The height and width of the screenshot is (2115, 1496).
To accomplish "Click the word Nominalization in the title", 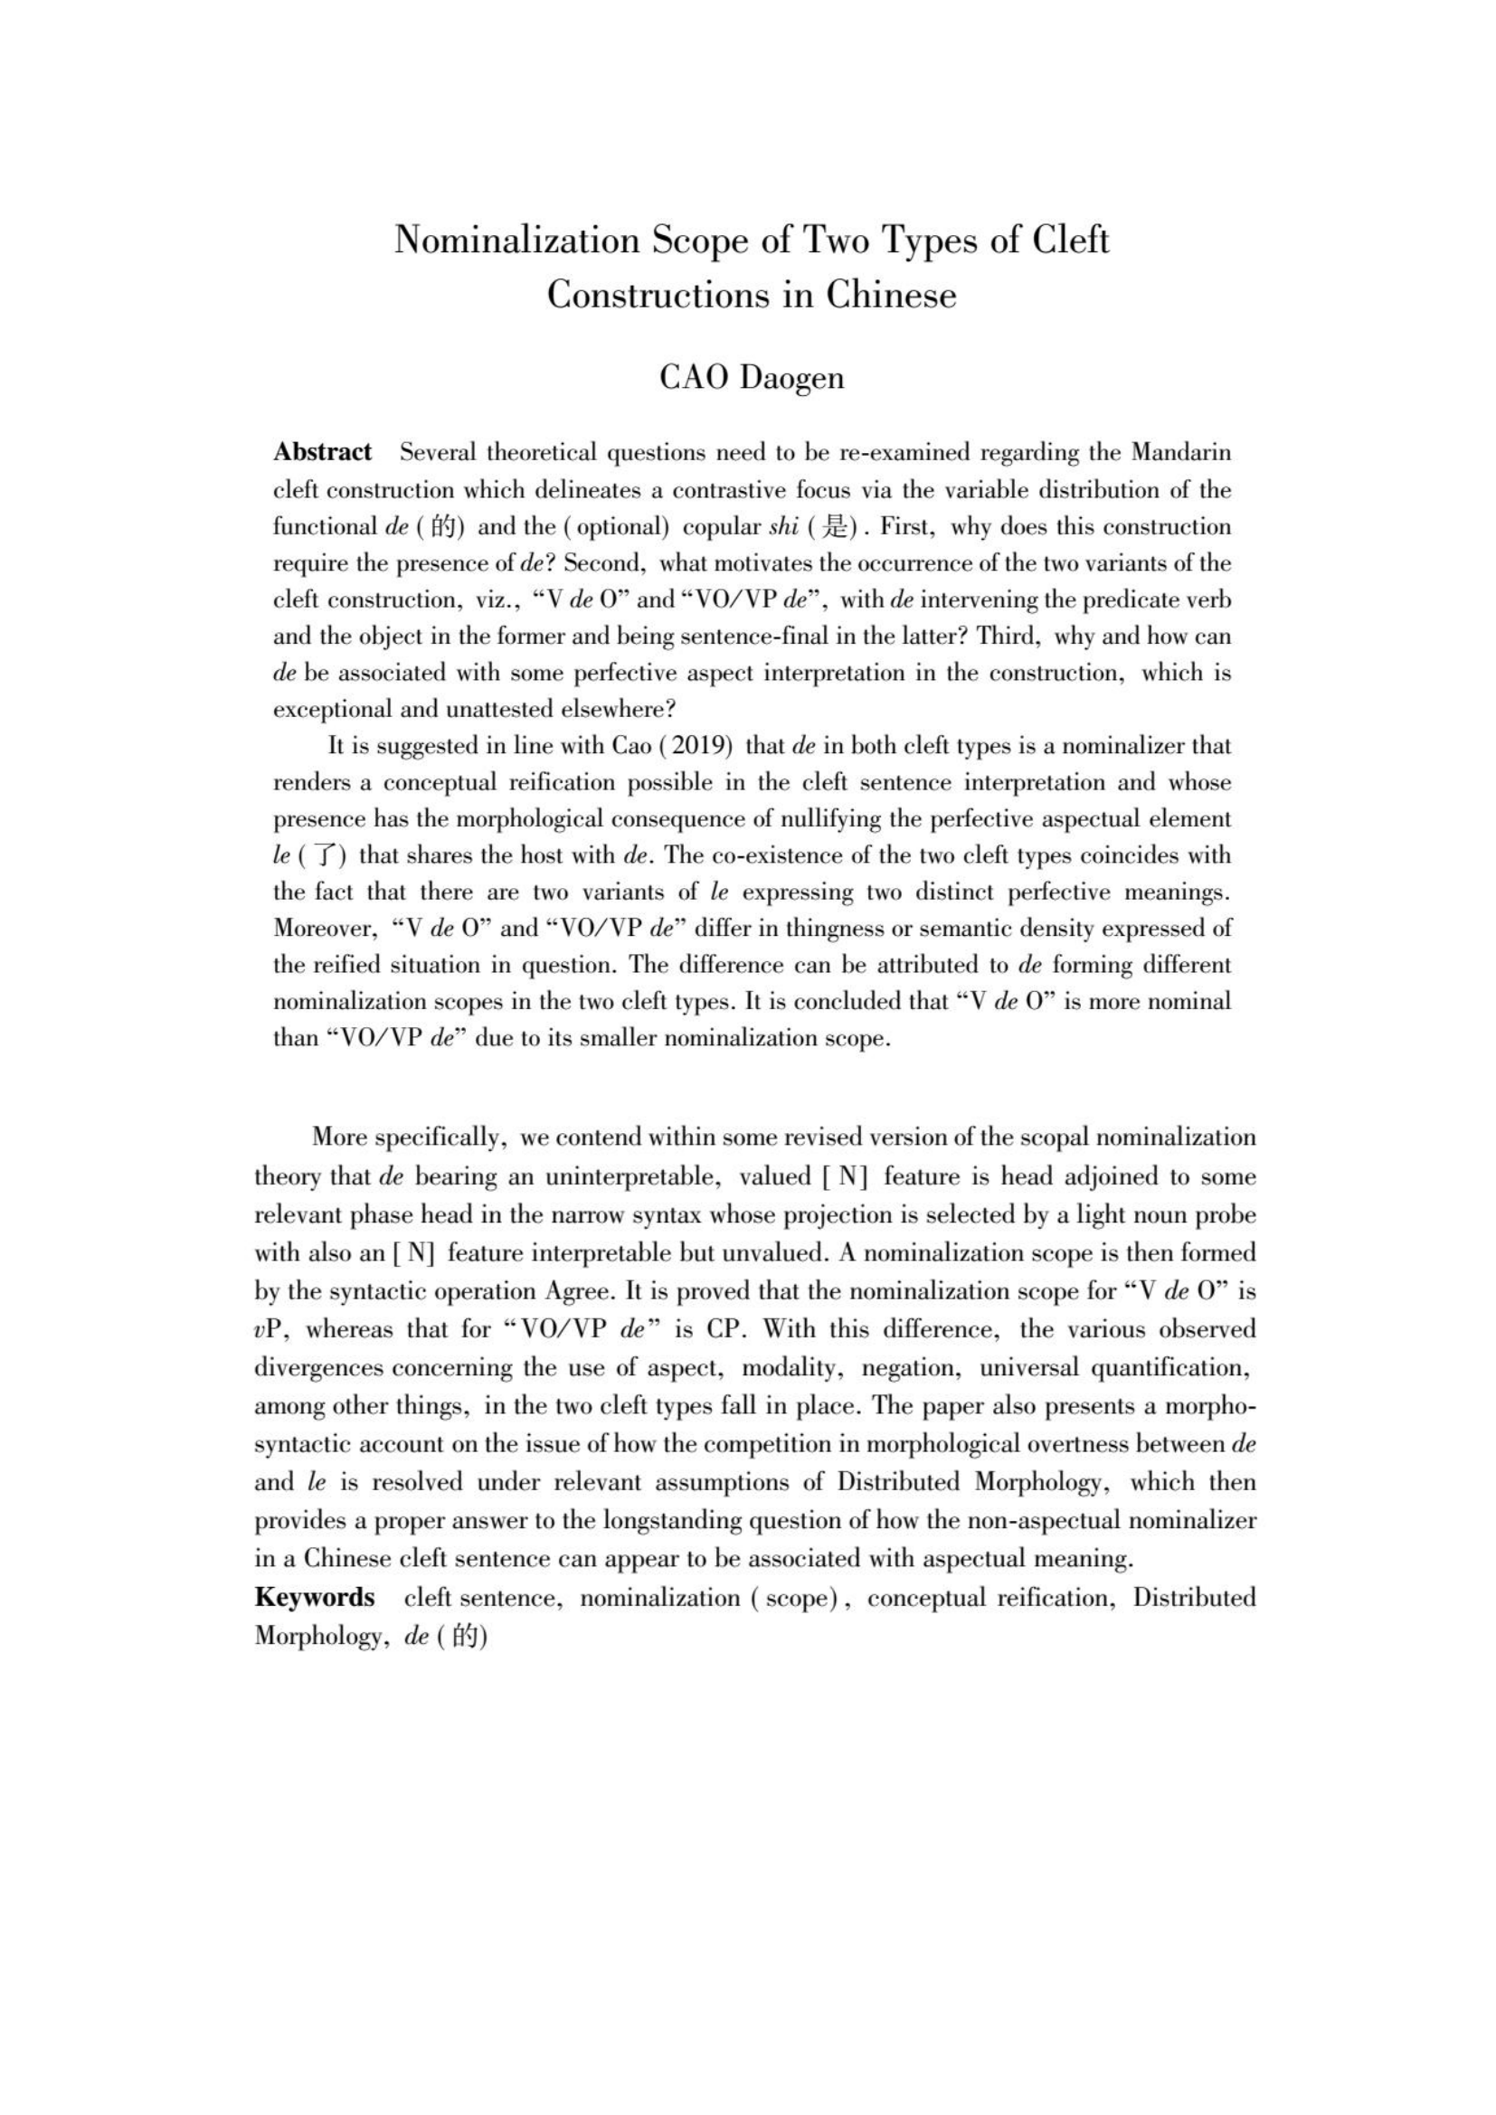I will pos(516,241).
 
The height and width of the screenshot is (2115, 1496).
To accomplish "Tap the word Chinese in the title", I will pos(891,295).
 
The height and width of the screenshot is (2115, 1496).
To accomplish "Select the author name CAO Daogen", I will pos(752,378).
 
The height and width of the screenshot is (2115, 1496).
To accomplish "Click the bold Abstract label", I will pos(322,452).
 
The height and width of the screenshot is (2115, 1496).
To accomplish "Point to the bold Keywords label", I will pos(314,1596).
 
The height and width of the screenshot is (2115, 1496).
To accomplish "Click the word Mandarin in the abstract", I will pos(1181,452).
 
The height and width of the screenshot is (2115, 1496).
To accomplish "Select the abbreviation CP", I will pos(724,1329).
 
